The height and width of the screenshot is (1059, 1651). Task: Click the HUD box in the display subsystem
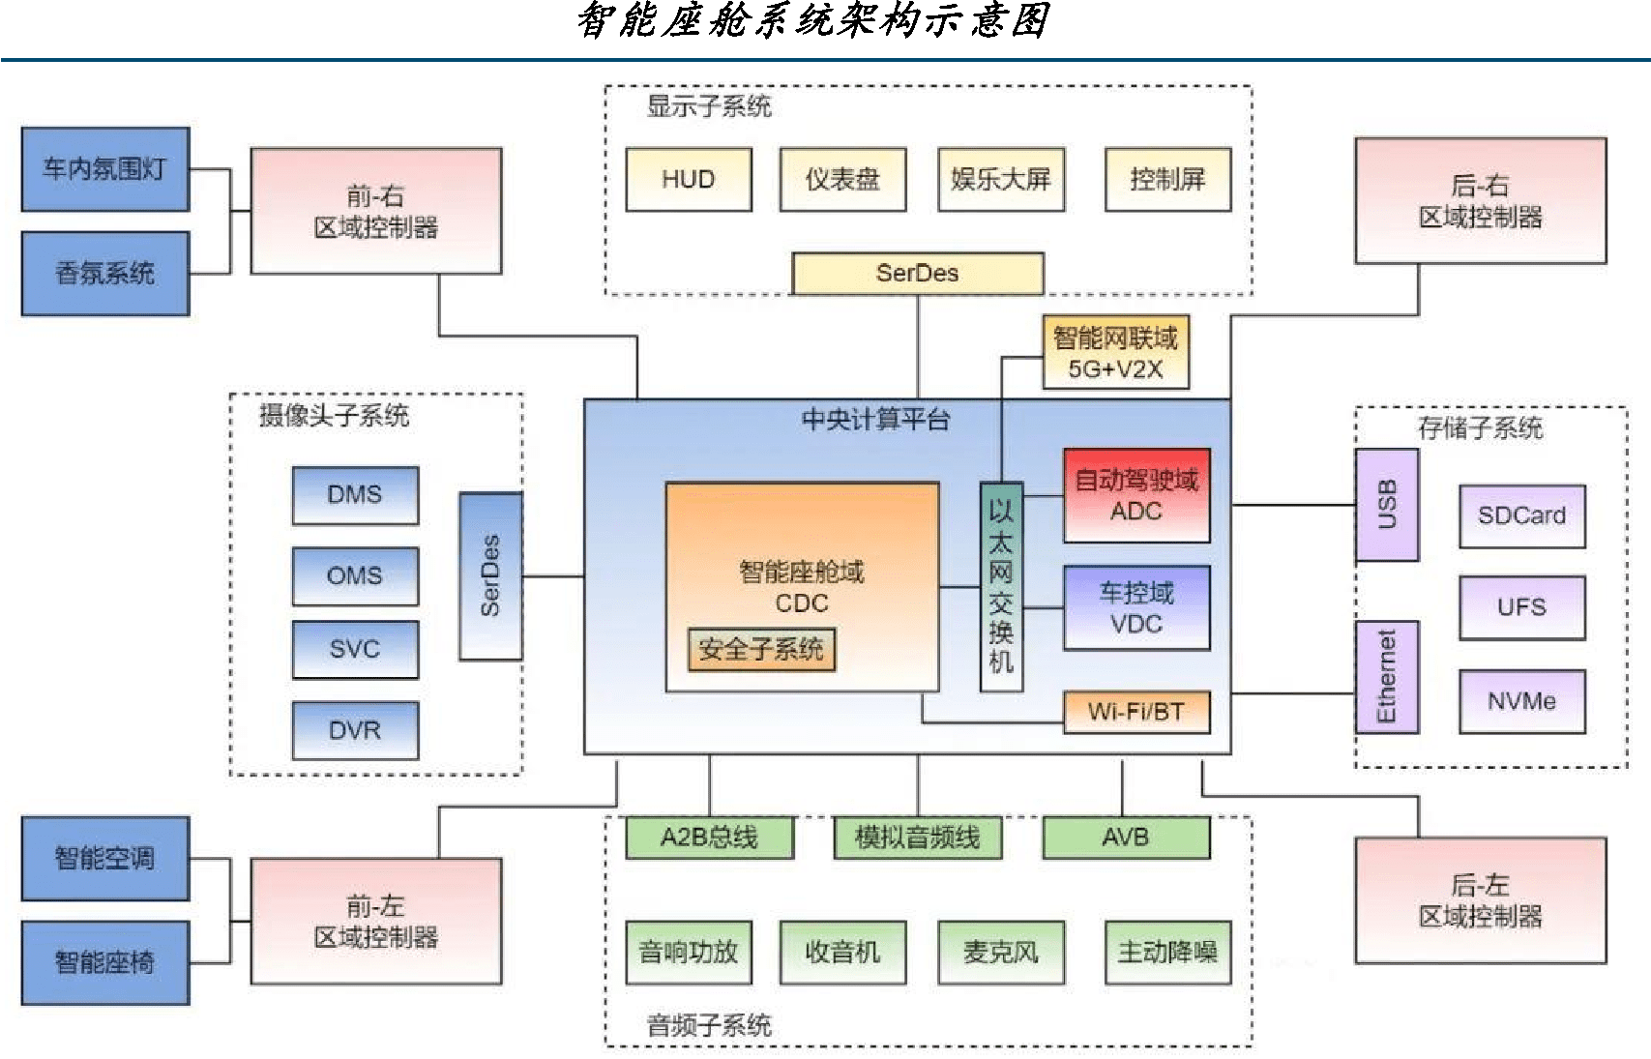(x=688, y=179)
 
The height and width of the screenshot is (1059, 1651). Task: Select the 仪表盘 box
(x=842, y=179)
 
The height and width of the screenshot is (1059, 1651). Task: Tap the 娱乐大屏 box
(x=1000, y=179)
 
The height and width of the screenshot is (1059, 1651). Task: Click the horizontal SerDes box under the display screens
(x=917, y=273)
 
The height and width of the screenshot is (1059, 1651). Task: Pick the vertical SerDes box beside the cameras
(x=490, y=575)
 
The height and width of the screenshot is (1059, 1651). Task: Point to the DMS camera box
(x=355, y=495)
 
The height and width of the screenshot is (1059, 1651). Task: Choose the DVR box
(x=355, y=730)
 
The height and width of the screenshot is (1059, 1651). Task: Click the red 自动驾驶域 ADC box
(x=1136, y=495)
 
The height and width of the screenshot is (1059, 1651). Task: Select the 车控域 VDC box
(x=1136, y=607)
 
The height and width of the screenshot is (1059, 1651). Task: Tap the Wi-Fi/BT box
(x=1136, y=712)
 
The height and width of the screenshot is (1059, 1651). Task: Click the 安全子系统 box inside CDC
(x=761, y=649)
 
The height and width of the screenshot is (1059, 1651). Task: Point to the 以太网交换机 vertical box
(x=1001, y=586)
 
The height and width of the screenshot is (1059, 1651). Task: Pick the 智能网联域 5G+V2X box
(x=1115, y=353)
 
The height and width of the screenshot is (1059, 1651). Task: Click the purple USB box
(x=1386, y=505)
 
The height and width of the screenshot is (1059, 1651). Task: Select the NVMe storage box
(x=1521, y=701)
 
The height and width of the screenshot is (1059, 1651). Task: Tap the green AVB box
(x=1126, y=837)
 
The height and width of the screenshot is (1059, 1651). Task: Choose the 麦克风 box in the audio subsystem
(x=1000, y=953)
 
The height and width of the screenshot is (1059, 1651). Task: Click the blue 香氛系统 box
(x=105, y=274)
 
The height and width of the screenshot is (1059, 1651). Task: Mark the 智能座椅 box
(x=105, y=962)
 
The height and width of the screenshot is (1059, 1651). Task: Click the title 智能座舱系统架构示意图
(x=812, y=21)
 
